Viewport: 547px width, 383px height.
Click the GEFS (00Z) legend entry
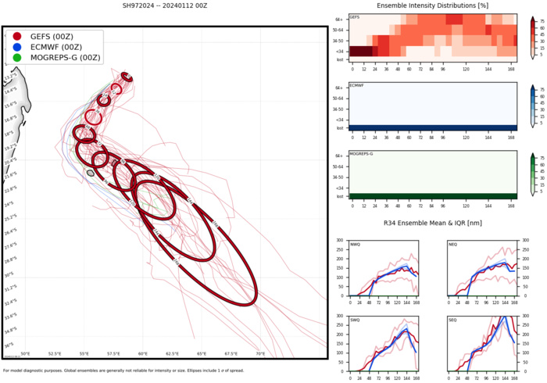pos(51,37)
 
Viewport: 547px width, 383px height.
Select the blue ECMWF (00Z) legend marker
pos(17,48)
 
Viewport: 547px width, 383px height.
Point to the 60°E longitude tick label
pos(143,353)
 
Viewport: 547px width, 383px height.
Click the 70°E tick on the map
pos(260,353)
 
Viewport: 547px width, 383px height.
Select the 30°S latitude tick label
pos(9,274)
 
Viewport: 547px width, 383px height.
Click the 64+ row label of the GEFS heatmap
pos(338,18)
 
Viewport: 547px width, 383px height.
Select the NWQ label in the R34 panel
pos(356,244)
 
